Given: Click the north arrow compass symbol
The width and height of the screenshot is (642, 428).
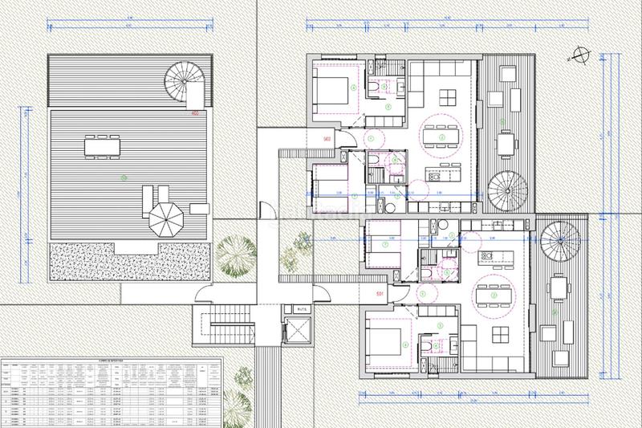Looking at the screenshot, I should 579,56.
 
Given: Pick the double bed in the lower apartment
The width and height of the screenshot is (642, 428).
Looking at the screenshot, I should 388,340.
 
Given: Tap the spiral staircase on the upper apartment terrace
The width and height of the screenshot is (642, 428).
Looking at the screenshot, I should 506,190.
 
